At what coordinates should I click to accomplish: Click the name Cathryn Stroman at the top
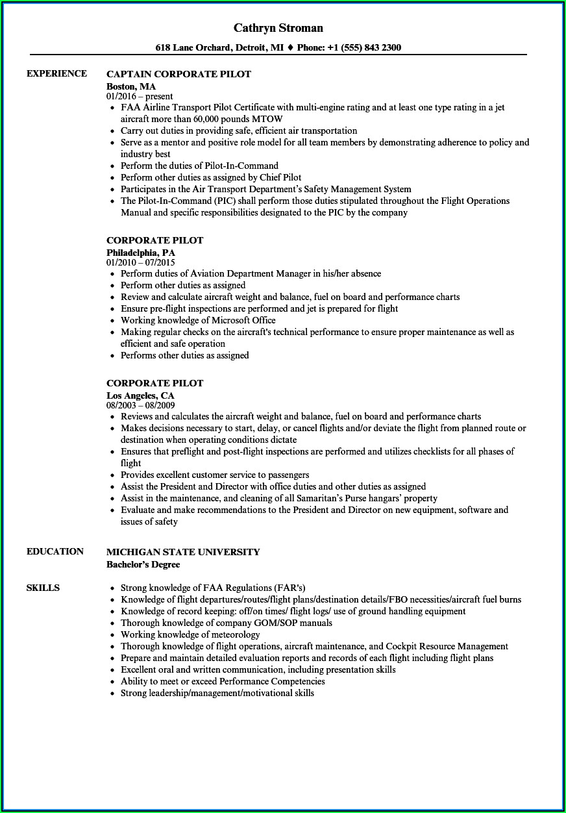[x=278, y=28]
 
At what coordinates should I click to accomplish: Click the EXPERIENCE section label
[x=56, y=73]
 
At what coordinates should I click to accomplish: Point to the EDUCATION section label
[x=55, y=551]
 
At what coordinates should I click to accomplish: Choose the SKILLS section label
[x=43, y=588]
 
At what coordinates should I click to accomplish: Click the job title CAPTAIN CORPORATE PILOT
[x=178, y=74]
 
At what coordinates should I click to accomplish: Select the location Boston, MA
[x=130, y=86]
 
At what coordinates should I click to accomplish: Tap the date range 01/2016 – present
[x=140, y=96]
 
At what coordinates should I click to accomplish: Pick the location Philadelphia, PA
[x=141, y=252]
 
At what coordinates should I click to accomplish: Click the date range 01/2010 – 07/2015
[x=141, y=262]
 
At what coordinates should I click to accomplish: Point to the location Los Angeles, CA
[x=140, y=395]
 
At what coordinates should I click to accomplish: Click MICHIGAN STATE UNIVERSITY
[x=183, y=552]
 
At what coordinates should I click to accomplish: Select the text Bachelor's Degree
[x=143, y=564]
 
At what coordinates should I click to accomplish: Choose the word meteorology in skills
[x=227, y=634]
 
